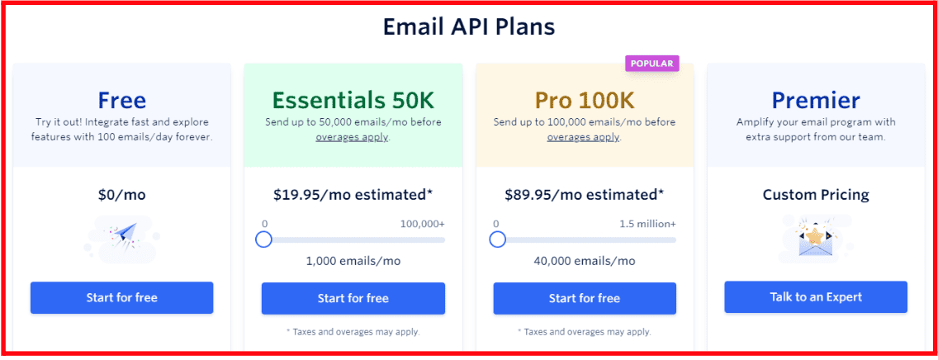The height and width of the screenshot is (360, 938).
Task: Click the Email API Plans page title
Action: pos(468,27)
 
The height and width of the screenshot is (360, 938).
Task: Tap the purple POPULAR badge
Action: pos(651,64)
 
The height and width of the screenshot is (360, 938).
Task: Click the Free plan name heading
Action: pos(121,100)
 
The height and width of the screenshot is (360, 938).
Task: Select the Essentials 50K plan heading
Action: pos(353,100)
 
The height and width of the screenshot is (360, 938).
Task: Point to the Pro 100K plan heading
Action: pos(584,100)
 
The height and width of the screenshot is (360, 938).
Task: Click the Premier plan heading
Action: pos(815,100)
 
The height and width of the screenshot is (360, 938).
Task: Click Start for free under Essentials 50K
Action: pos(353,298)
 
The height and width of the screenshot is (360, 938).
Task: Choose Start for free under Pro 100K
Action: pos(585,298)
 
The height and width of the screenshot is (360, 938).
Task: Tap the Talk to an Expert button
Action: pos(816,297)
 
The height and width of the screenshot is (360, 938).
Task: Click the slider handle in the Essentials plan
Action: pos(264,239)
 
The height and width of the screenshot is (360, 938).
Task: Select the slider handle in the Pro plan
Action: pos(497,239)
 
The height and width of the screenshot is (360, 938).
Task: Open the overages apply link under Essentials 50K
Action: pos(352,138)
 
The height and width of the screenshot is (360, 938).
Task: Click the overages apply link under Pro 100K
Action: pos(583,138)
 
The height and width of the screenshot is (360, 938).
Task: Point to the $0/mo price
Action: pos(122,194)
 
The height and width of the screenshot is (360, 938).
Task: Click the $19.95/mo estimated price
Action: pos(353,194)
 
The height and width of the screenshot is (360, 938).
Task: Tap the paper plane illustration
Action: pos(122,238)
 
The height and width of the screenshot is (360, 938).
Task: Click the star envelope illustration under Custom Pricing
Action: pos(816,238)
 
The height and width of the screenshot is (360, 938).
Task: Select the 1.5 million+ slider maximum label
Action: pos(648,225)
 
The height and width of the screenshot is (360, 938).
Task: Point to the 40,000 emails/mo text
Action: pos(585,261)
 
